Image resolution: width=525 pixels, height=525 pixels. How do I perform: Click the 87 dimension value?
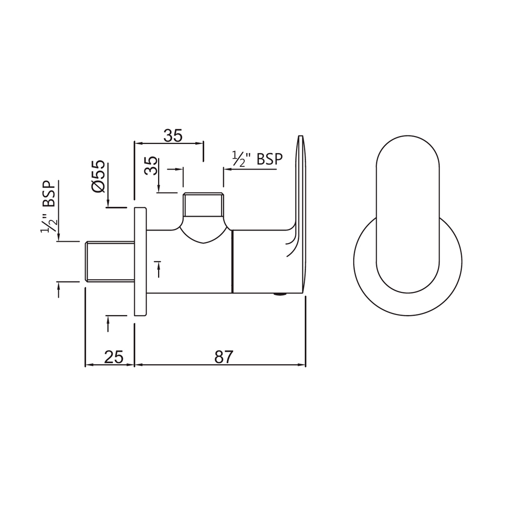pyautogui.click(x=223, y=357)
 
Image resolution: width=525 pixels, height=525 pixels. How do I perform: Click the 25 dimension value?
pyautogui.click(x=113, y=357)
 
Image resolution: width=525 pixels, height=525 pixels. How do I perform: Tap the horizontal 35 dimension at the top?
pyautogui.click(x=173, y=135)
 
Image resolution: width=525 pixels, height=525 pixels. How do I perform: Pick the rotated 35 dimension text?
pyautogui.click(x=151, y=166)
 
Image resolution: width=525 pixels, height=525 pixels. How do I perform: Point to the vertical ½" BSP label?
pyautogui.click(x=49, y=207)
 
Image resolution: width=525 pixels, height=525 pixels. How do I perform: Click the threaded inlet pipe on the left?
pyautogui.click(x=109, y=261)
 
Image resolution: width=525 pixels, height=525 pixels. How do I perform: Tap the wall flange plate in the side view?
pyautogui.click(x=140, y=261)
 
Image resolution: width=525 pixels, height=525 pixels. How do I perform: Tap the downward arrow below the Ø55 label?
pyautogui.click(x=108, y=203)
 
